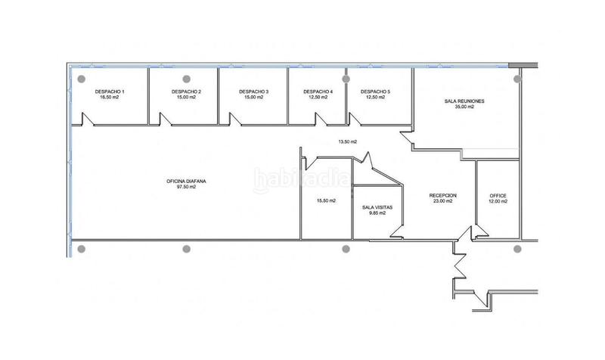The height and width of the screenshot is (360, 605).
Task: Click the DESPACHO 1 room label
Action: (x=110, y=92)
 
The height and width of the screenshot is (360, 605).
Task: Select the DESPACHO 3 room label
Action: (x=253, y=92)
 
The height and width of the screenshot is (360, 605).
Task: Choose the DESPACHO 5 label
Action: (x=376, y=92)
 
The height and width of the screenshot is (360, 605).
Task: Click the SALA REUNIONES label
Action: (x=464, y=101)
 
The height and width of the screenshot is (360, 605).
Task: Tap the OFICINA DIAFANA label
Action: (x=181, y=181)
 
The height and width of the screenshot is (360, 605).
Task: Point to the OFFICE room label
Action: (x=498, y=195)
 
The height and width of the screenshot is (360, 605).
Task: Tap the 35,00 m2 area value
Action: (x=464, y=107)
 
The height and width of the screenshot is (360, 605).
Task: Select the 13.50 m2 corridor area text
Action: (x=347, y=141)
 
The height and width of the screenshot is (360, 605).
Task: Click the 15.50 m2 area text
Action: (x=326, y=200)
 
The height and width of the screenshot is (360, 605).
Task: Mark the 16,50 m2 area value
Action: (x=110, y=98)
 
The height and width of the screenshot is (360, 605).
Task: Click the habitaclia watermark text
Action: (x=301, y=180)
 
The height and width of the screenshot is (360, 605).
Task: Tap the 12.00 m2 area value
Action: (x=498, y=201)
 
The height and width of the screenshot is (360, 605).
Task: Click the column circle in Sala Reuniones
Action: (x=517, y=78)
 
